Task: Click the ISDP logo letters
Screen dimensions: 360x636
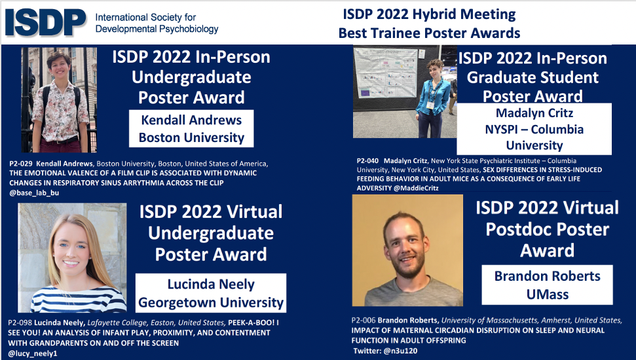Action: pos(45,22)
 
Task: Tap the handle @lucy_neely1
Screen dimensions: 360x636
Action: pos(32,354)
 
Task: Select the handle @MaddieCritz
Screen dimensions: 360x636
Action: pos(415,188)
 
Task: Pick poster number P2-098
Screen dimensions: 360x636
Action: pos(22,323)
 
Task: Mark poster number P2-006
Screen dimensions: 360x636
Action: pos(365,320)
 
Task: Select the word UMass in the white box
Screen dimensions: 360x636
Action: pos(547,295)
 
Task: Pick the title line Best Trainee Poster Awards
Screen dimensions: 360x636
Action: pos(429,33)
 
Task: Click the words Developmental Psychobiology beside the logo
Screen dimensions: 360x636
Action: pos(157,29)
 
